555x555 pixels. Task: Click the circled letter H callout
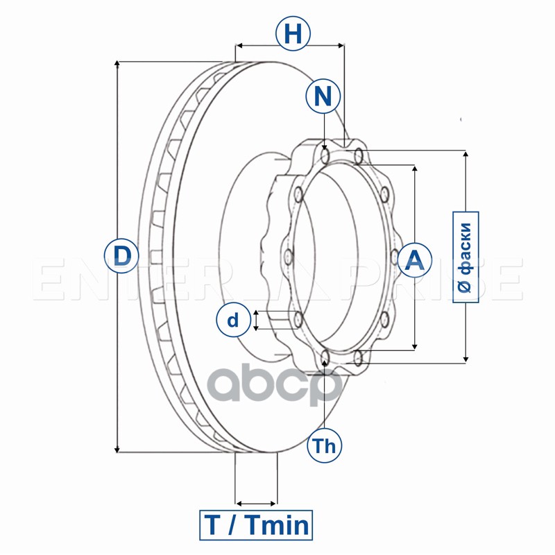293,34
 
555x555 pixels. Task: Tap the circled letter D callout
121,256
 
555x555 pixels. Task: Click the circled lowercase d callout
234,320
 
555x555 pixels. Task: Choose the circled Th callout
324,445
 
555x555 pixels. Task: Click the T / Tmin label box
256,525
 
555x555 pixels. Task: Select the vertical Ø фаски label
466,257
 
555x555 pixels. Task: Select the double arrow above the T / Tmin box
256,503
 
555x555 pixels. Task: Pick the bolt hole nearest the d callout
298,320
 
